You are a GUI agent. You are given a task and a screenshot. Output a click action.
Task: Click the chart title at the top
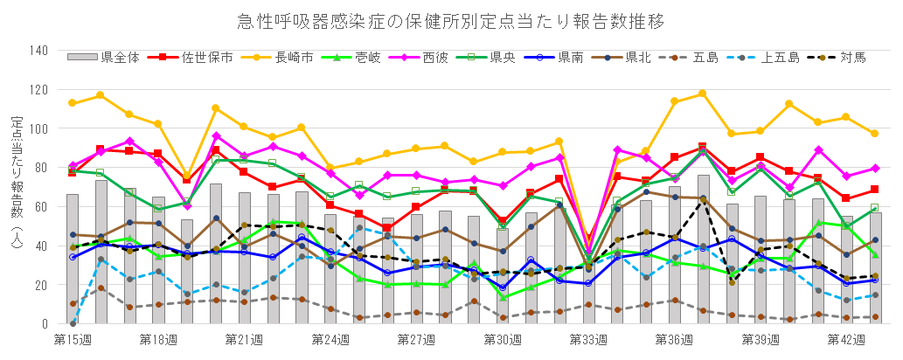[451, 18]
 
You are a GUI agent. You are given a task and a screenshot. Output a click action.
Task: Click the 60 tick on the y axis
[40, 206]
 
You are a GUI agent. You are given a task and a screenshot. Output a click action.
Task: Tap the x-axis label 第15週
[73, 339]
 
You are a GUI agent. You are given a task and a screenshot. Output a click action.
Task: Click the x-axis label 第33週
[588, 339]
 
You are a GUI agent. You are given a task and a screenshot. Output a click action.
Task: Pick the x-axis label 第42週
[846, 339]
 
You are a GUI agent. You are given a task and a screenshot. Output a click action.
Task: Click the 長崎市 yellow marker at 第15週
[73, 103]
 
